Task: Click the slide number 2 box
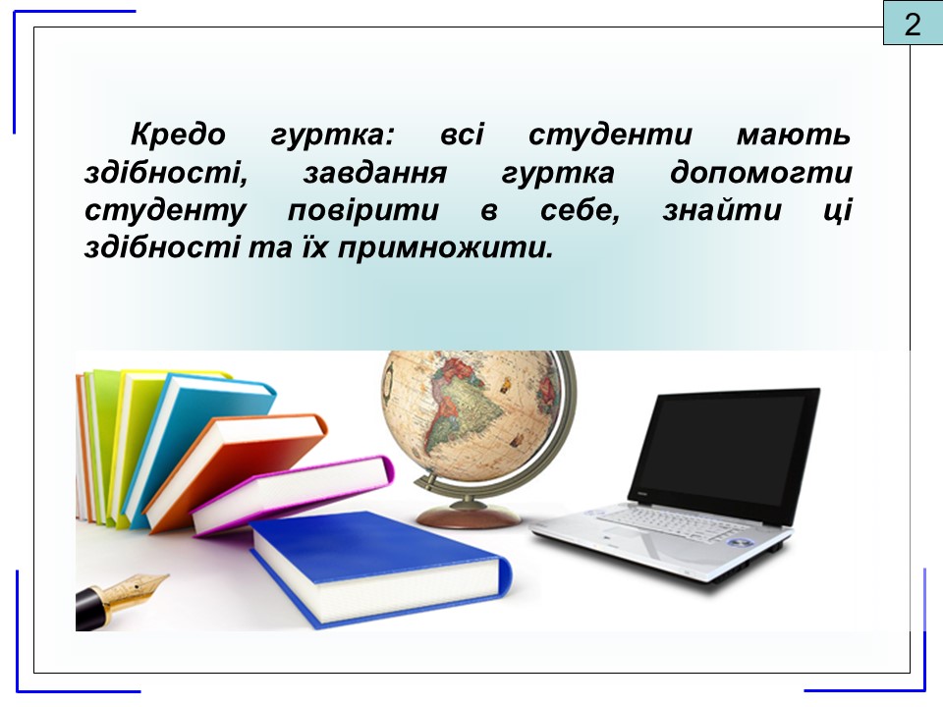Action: (x=913, y=23)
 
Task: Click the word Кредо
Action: (x=178, y=135)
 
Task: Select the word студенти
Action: (x=610, y=136)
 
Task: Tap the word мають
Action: (x=794, y=135)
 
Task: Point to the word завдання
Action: (x=375, y=173)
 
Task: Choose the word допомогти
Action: (x=760, y=173)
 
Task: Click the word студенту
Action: (x=165, y=211)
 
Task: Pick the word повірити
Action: (x=363, y=211)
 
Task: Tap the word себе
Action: (x=580, y=210)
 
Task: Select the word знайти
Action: (x=722, y=210)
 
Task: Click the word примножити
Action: (x=444, y=248)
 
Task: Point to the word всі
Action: (x=462, y=135)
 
